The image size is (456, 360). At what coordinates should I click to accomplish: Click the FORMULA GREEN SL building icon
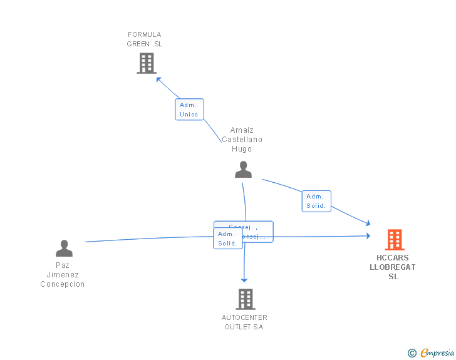(x=146, y=63)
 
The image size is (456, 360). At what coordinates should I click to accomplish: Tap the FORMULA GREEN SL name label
(x=145, y=39)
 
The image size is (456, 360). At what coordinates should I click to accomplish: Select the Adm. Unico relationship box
(x=189, y=110)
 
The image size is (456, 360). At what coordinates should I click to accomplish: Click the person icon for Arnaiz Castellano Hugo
(x=243, y=169)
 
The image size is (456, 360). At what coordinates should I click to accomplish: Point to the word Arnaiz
(x=242, y=131)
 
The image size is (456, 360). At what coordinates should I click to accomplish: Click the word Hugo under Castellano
(x=242, y=149)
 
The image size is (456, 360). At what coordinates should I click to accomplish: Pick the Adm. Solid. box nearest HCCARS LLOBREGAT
(x=316, y=201)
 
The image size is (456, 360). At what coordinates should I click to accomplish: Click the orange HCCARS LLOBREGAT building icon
(x=394, y=239)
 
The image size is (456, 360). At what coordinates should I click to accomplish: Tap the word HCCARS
(x=393, y=258)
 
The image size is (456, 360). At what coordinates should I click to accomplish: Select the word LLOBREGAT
(x=393, y=267)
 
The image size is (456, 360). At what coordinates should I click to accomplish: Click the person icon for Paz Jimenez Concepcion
(x=64, y=249)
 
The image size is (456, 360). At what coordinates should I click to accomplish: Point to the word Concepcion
(x=63, y=284)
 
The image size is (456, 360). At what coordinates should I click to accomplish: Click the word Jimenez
(x=63, y=275)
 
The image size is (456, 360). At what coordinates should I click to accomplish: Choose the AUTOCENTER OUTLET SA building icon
(x=245, y=299)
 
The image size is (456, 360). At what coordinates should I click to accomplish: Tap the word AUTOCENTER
(x=244, y=317)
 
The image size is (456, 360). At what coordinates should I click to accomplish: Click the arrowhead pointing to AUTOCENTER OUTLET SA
(x=244, y=280)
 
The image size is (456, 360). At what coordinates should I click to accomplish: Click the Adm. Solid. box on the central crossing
(x=228, y=239)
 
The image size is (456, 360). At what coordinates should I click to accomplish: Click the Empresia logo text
(x=437, y=352)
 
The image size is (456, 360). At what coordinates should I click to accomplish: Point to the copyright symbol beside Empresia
(x=412, y=353)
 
